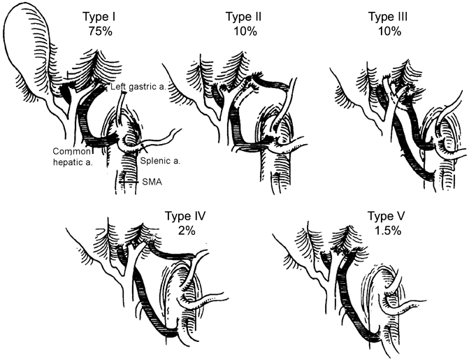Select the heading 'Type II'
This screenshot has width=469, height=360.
[x=244, y=16]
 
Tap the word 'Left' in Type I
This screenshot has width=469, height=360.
[x=118, y=87]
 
